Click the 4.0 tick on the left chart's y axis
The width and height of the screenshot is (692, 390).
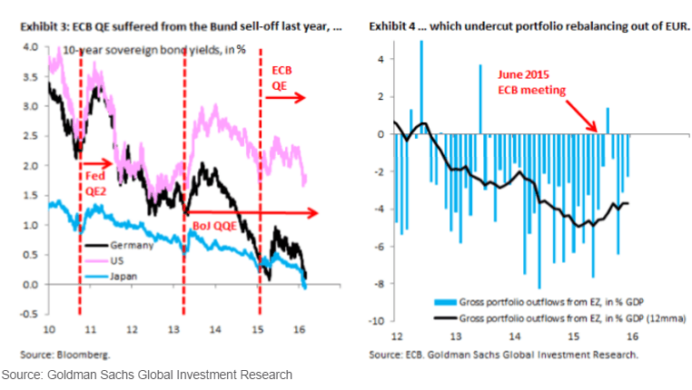(29, 47)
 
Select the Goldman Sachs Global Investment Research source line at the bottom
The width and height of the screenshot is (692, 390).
(147, 375)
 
